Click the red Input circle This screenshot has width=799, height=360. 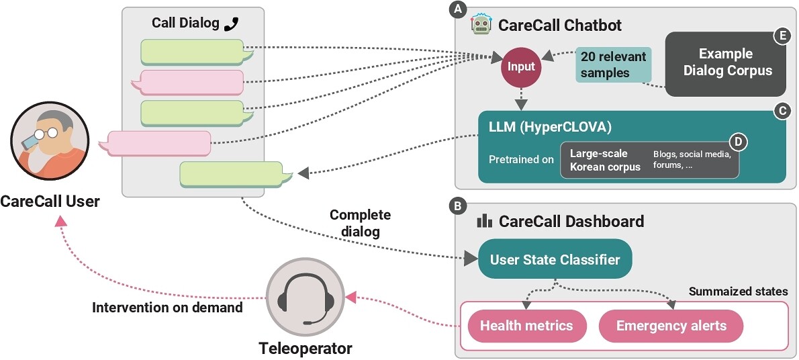[x=521, y=66]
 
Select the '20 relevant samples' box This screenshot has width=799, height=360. [x=604, y=65]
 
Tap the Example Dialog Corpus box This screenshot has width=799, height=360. [x=725, y=62]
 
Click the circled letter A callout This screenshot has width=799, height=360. [x=459, y=9]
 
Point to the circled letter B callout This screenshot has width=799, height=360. [x=459, y=206]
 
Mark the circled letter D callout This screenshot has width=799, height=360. [x=739, y=142]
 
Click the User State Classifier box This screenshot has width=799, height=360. [x=555, y=259]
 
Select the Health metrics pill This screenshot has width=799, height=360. [x=526, y=326]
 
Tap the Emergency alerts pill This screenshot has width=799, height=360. [x=671, y=326]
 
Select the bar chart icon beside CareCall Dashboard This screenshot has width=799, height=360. [x=483, y=221]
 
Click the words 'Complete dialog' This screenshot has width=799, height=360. [x=359, y=224]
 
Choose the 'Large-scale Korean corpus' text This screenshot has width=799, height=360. [x=605, y=160]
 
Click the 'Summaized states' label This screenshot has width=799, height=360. [x=738, y=292]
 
